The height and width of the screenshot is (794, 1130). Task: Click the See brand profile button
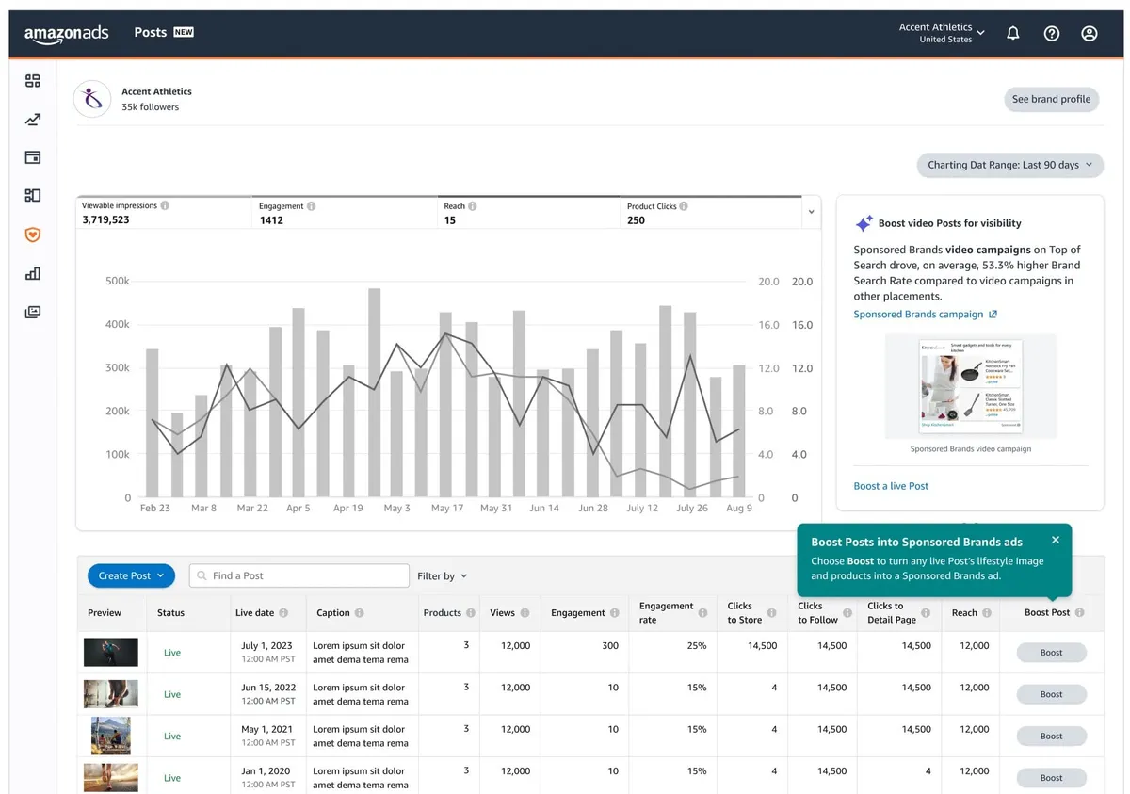coord(1051,99)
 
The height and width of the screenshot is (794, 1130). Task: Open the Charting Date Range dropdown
coord(1009,165)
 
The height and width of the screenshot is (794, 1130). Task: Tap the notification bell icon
coord(1013,34)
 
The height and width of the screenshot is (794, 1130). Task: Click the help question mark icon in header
coord(1052,34)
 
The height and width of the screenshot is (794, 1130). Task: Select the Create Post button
coord(132,575)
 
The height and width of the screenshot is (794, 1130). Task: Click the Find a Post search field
coord(299,575)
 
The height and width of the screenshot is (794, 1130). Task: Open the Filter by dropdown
coord(443,575)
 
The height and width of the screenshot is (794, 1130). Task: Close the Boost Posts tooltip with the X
coord(1056,540)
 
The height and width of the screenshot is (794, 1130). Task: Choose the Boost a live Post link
coord(891,486)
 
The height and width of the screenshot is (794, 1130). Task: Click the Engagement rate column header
coord(666,612)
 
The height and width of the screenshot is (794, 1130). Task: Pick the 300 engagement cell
coord(610,646)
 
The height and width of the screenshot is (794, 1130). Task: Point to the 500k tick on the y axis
coord(118,282)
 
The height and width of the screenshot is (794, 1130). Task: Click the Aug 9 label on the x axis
coord(738,508)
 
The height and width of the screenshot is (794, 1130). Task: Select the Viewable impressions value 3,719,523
coord(105,219)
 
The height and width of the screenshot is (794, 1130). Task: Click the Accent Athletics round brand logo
coord(92,99)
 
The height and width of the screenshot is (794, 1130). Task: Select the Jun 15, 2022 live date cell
coord(268,693)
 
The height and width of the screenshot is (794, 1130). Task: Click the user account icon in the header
coord(1090,34)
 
